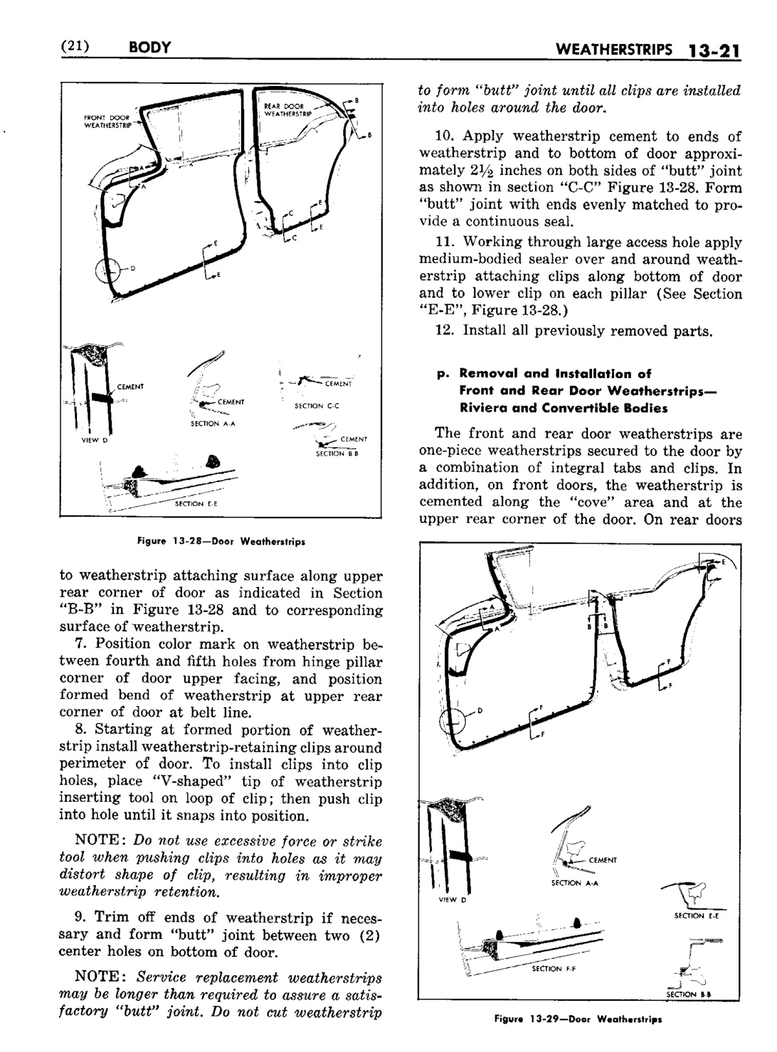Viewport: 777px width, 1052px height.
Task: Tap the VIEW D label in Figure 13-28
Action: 93,440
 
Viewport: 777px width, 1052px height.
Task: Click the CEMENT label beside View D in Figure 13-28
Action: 130,387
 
